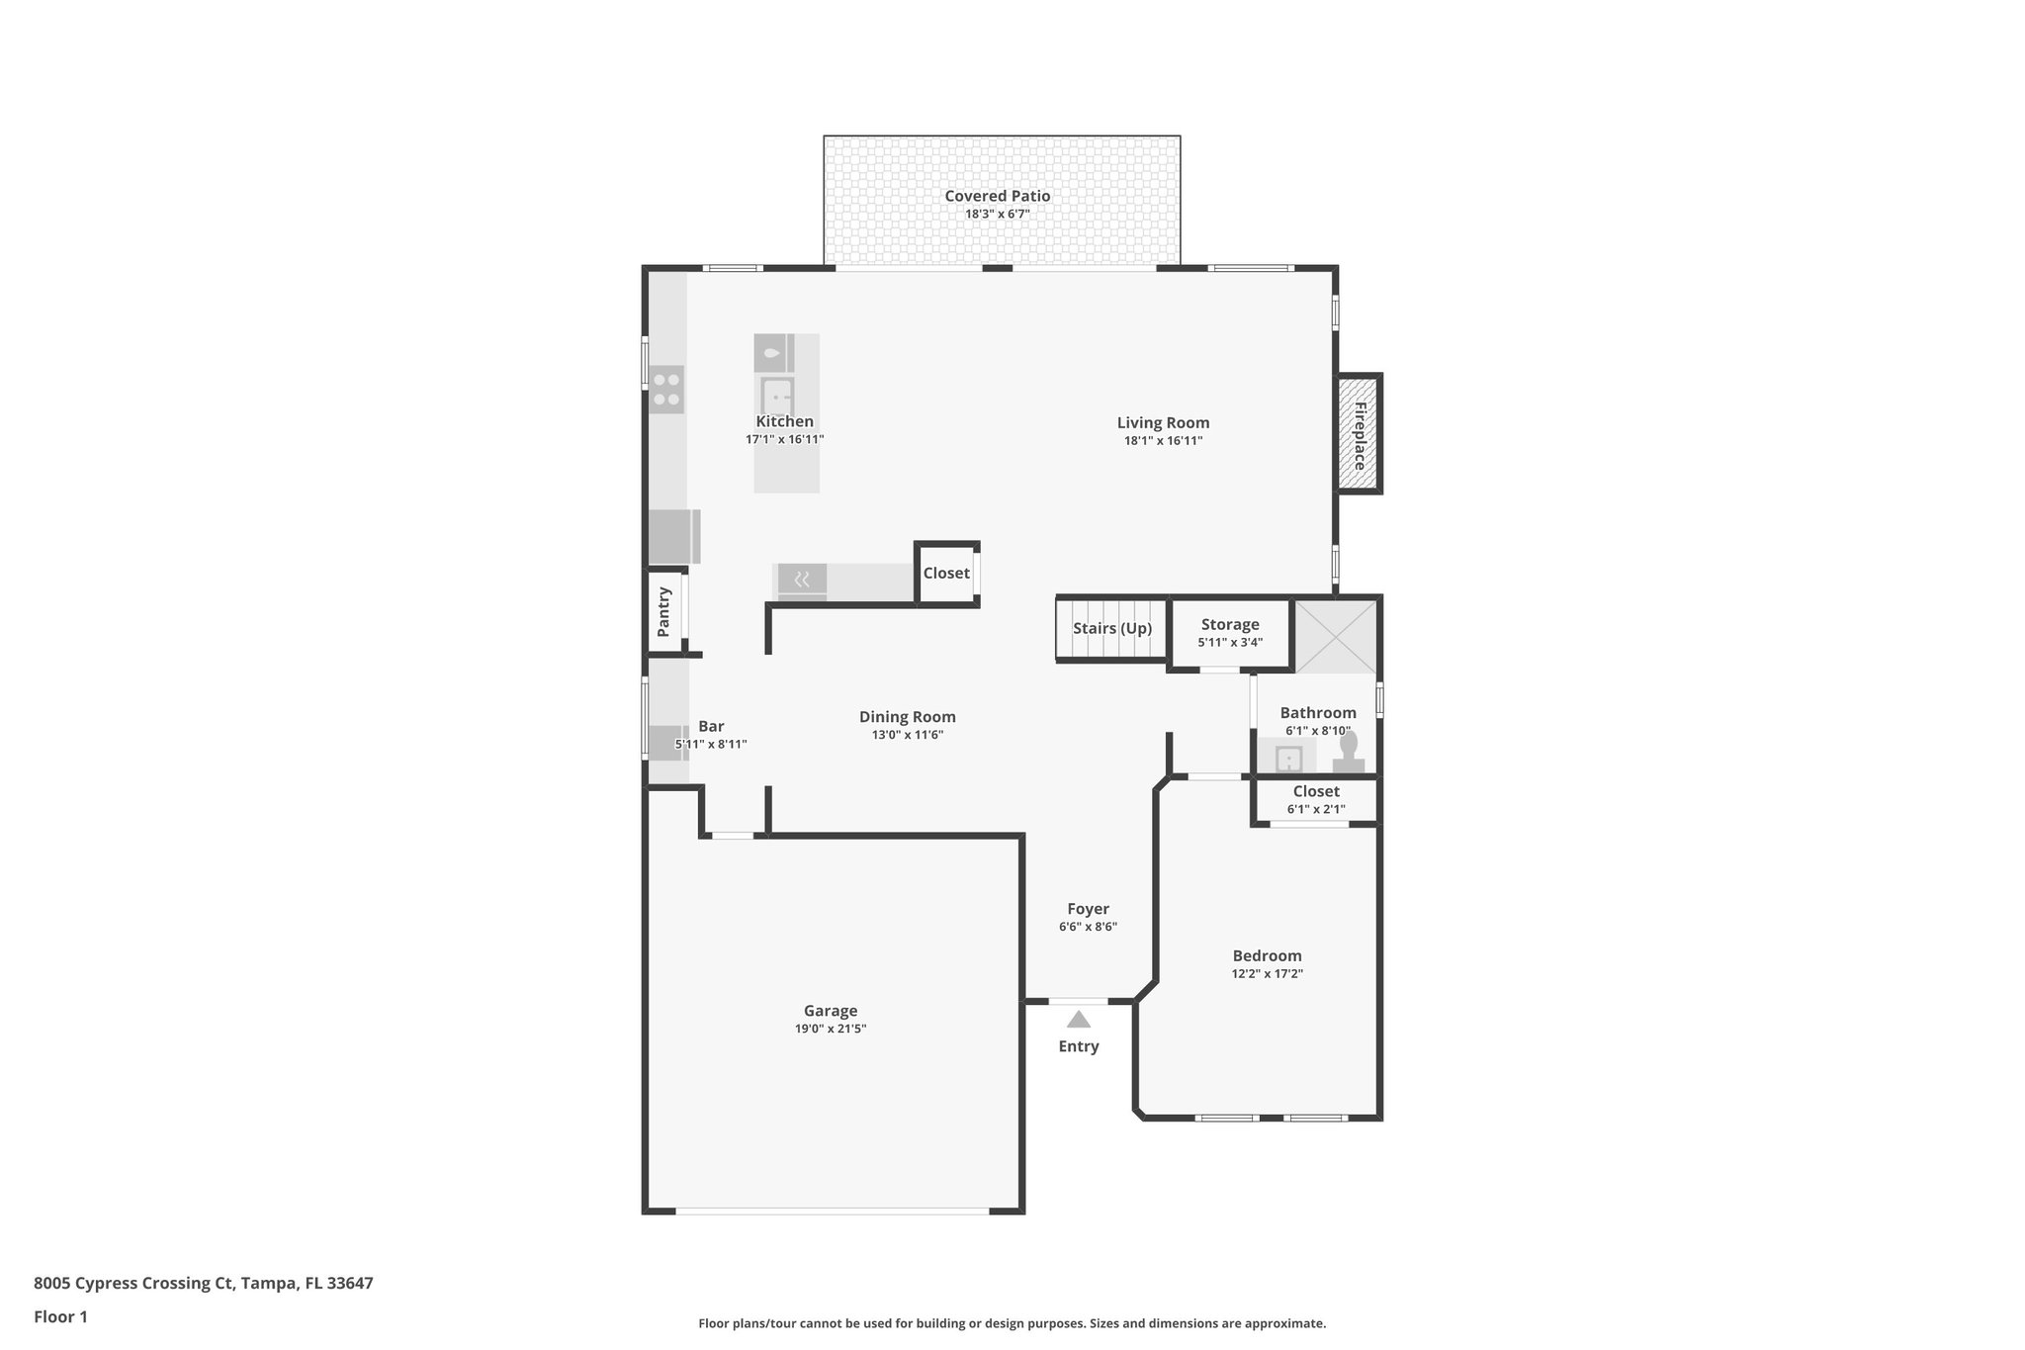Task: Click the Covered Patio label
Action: coord(997,196)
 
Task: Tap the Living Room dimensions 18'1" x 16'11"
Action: coord(1163,441)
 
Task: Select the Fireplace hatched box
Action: coord(1359,434)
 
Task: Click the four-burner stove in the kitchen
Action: coord(666,389)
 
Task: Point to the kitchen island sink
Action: coord(777,397)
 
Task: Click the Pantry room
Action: coord(664,612)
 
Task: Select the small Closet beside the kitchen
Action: coord(946,574)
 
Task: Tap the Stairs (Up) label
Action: coord(1112,628)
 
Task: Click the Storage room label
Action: coord(1230,624)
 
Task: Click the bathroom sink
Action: coord(1288,759)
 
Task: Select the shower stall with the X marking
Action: coord(1335,637)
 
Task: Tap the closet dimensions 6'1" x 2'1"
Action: coord(1316,809)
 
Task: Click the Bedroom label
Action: coord(1267,955)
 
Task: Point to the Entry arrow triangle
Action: coord(1078,1020)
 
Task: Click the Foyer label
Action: coord(1088,909)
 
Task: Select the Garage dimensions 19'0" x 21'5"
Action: coord(831,1029)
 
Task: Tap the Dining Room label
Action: coord(907,717)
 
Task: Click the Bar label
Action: coord(711,726)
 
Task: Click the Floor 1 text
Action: coord(60,1316)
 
